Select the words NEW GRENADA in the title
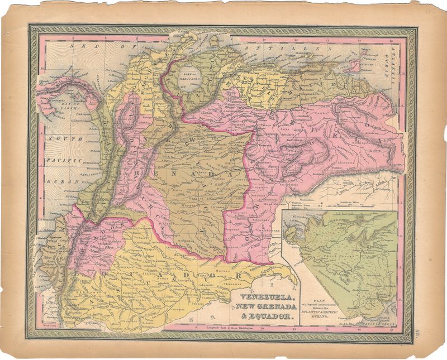265,308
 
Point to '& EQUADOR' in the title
265,316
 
